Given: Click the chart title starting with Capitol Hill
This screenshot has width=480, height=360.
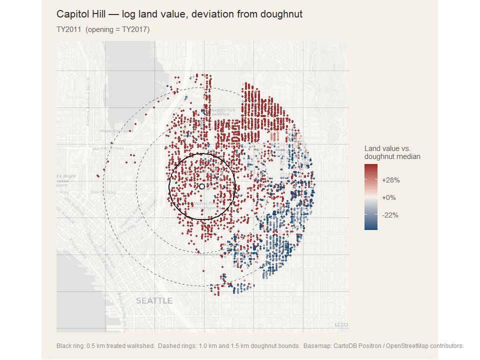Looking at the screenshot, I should coord(179,14).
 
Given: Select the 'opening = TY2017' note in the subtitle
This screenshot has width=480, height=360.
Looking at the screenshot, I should coord(118,29).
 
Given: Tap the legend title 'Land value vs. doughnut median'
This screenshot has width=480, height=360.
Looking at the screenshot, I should coord(392,152).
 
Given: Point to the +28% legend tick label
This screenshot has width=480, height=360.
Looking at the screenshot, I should coord(390,180).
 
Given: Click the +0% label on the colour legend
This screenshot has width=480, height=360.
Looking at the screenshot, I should coord(388,197).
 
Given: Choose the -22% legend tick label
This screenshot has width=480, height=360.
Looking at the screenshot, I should coord(390,215).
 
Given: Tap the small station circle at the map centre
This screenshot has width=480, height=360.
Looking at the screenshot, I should coord(202,186).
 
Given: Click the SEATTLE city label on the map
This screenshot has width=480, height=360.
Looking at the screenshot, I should coord(154,301).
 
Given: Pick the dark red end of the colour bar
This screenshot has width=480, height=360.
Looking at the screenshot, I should coord(371,168).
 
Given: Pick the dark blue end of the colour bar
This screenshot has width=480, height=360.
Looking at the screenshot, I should coord(371,227).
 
